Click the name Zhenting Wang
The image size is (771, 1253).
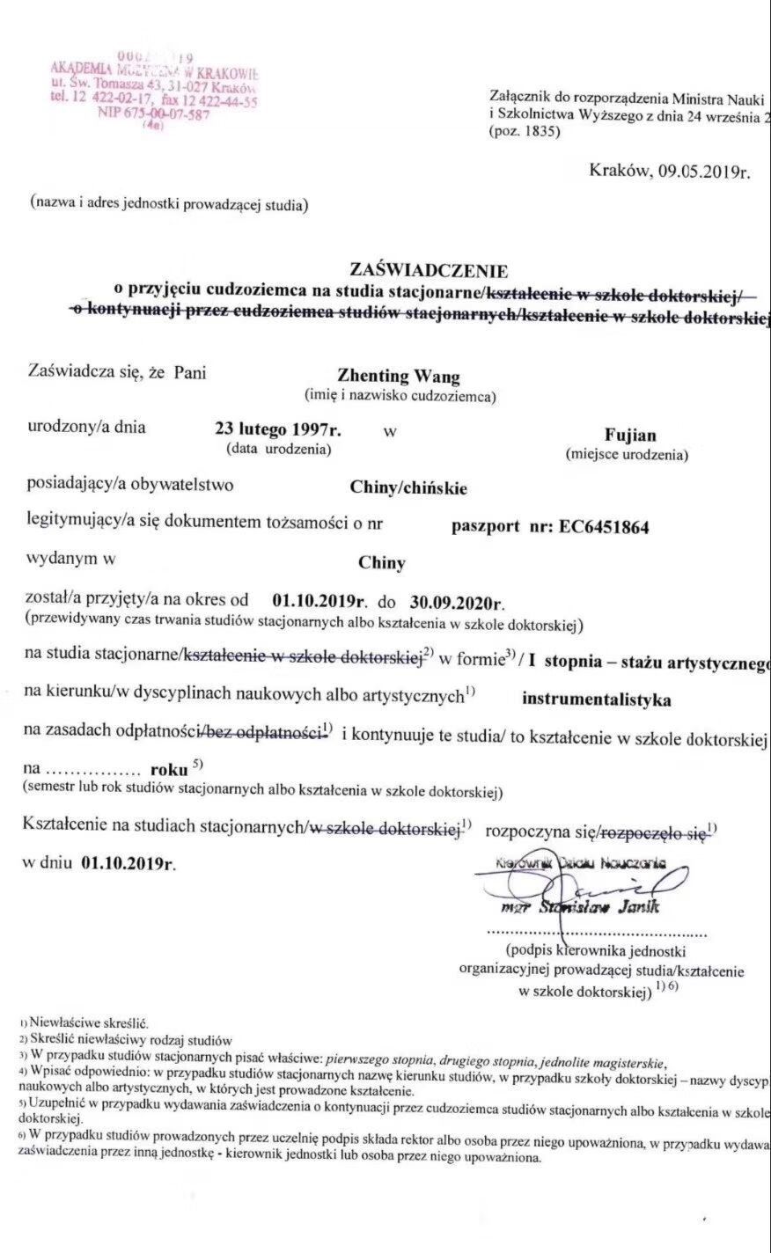pyautogui.click(x=399, y=377)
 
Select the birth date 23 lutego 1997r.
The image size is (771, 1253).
pyautogui.click(x=279, y=430)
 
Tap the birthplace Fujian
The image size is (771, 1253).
pyautogui.click(x=630, y=436)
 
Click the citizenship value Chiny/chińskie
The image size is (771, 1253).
pyautogui.click(x=408, y=487)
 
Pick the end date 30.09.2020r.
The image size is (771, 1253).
pyautogui.click(x=458, y=603)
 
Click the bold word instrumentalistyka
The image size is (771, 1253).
pyautogui.click(x=596, y=700)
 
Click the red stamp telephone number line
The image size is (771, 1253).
pyautogui.click(x=154, y=100)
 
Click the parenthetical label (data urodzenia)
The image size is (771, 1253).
pyautogui.click(x=279, y=450)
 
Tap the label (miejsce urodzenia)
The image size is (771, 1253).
pyautogui.click(x=627, y=455)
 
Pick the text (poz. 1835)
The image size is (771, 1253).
pyautogui.click(x=522, y=132)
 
